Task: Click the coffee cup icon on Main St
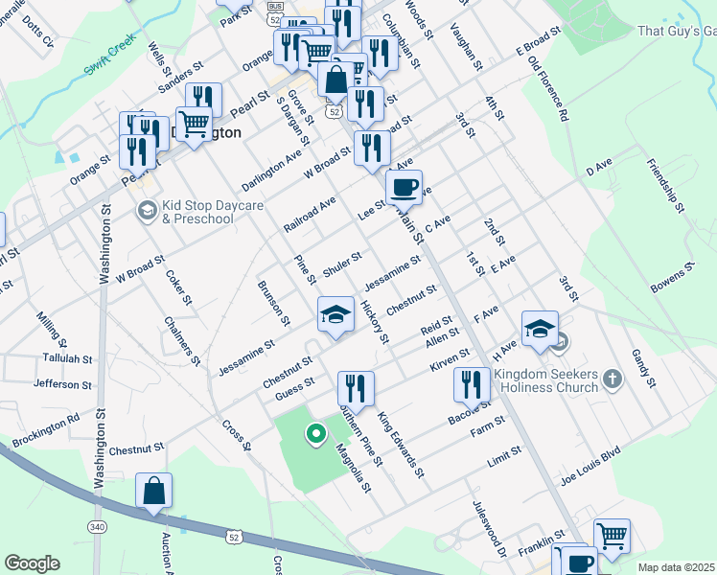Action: pyautogui.click(x=404, y=187)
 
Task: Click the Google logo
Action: pyautogui.click(x=33, y=563)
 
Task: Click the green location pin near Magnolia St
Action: pyautogui.click(x=314, y=435)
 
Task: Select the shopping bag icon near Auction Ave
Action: pyautogui.click(x=153, y=492)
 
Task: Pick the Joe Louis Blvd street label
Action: pyautogui.click(x=590, y=465)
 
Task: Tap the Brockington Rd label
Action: pyautogui.click(x=46, y=431)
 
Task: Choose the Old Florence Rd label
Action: pyautogui.click(x=548, y=89)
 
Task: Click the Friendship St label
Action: pyautogui.click(x=665, y=186)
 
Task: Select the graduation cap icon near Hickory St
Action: pyautogui.click(x=335, y=315)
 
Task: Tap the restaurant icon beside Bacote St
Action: pyautogui.click(x=470, y=384)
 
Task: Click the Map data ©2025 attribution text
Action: pyautogui.click(x=675, y=567)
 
